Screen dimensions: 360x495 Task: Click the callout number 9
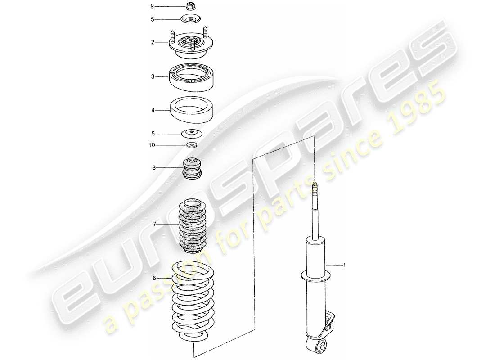tap(152, 6)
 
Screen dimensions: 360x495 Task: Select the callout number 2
tap(153, 42)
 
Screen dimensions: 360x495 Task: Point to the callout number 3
tap(153, 77)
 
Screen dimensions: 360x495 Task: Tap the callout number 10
tap(152, 145)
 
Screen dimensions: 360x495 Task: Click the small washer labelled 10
tap(192, 145)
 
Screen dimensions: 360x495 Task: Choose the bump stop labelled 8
tap(193, 168)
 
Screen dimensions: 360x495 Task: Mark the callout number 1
tap(345, 265)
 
